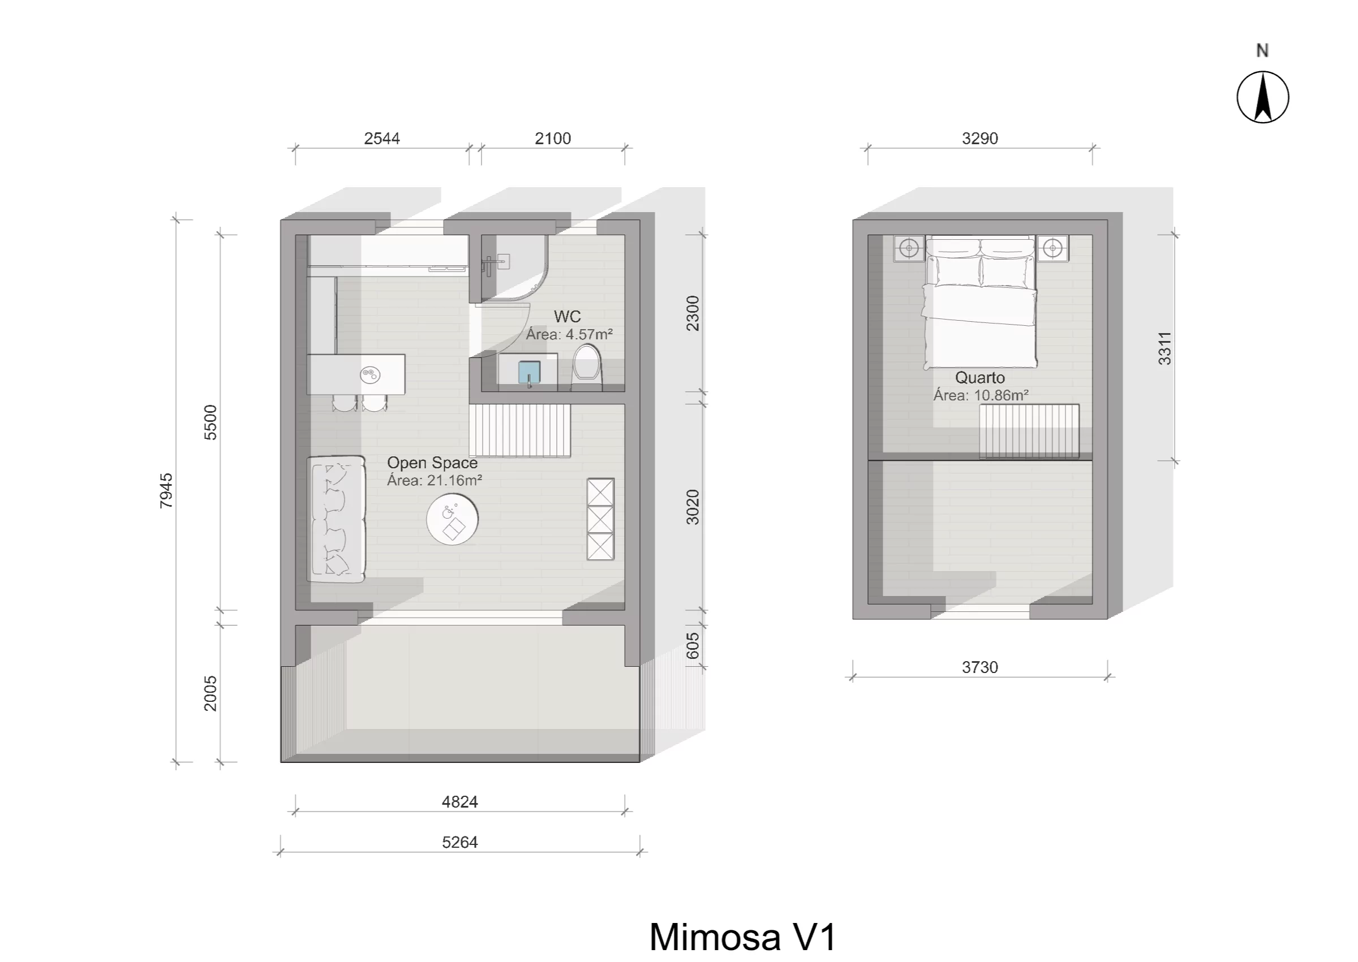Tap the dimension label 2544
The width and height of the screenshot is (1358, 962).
[381, 139]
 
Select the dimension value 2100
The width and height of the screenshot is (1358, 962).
[553, 139]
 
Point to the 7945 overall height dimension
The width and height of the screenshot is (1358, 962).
[166, 490]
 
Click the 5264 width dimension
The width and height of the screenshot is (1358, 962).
[460, 842]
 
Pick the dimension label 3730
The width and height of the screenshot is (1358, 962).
[980, 667]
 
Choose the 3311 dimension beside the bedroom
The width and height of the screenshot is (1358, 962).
[1165, 348]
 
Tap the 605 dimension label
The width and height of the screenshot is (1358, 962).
[693, 646]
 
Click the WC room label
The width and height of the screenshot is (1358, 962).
[567, 316]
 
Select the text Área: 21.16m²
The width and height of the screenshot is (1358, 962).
[435, 480]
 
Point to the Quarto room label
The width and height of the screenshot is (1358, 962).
[980, 378]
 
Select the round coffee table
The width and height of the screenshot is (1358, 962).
[452, 520]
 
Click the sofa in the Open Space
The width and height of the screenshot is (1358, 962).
[336, 519]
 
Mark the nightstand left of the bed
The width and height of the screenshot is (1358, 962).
[909, 248]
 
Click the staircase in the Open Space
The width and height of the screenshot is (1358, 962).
[520, 430]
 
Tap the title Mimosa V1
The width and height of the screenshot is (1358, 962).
[743, 937]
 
